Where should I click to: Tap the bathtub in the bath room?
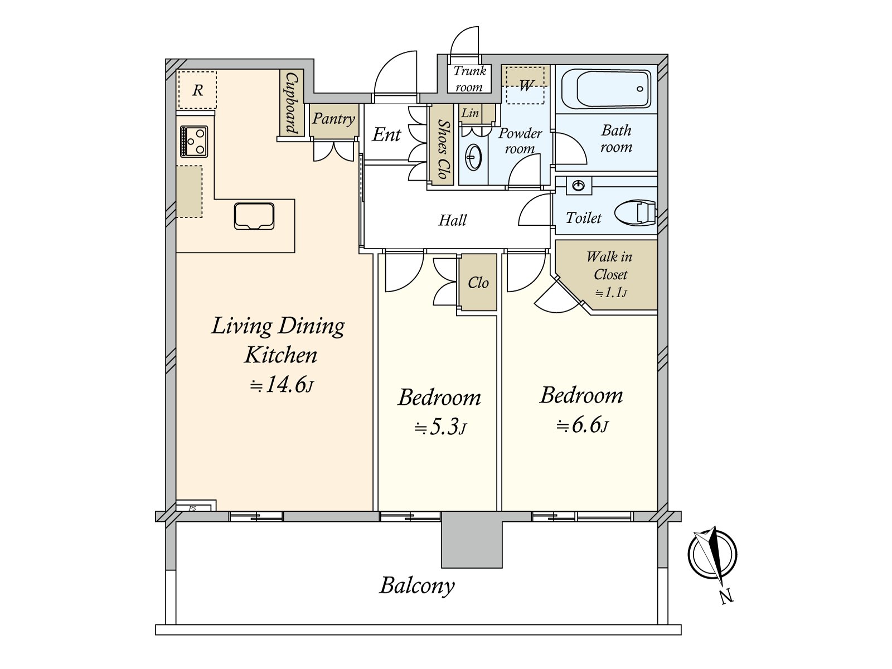click(x=606, y=89)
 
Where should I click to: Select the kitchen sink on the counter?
click(x=254, y=216)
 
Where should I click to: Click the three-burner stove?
click(x=194, y=142)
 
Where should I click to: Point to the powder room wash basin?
click(x=473, y=157)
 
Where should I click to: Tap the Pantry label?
click(x=333, y=119)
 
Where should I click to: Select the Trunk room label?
click(x=469, y=79)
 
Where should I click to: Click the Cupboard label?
click(x=292, y=103)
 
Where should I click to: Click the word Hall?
click(x=453, y=220)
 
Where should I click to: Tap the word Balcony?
click(x=417, y=586)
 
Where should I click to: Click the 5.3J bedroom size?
click(x=440, y=427)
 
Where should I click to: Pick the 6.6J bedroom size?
click(x=583, y=425)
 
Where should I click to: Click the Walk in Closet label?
click(x=609, y=266)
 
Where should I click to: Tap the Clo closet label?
click(x=478, y=283)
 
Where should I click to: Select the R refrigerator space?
click(x=197, y=90)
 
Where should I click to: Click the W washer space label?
click(x=526, y=85)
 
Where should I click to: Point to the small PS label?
click(x=192, y=508)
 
